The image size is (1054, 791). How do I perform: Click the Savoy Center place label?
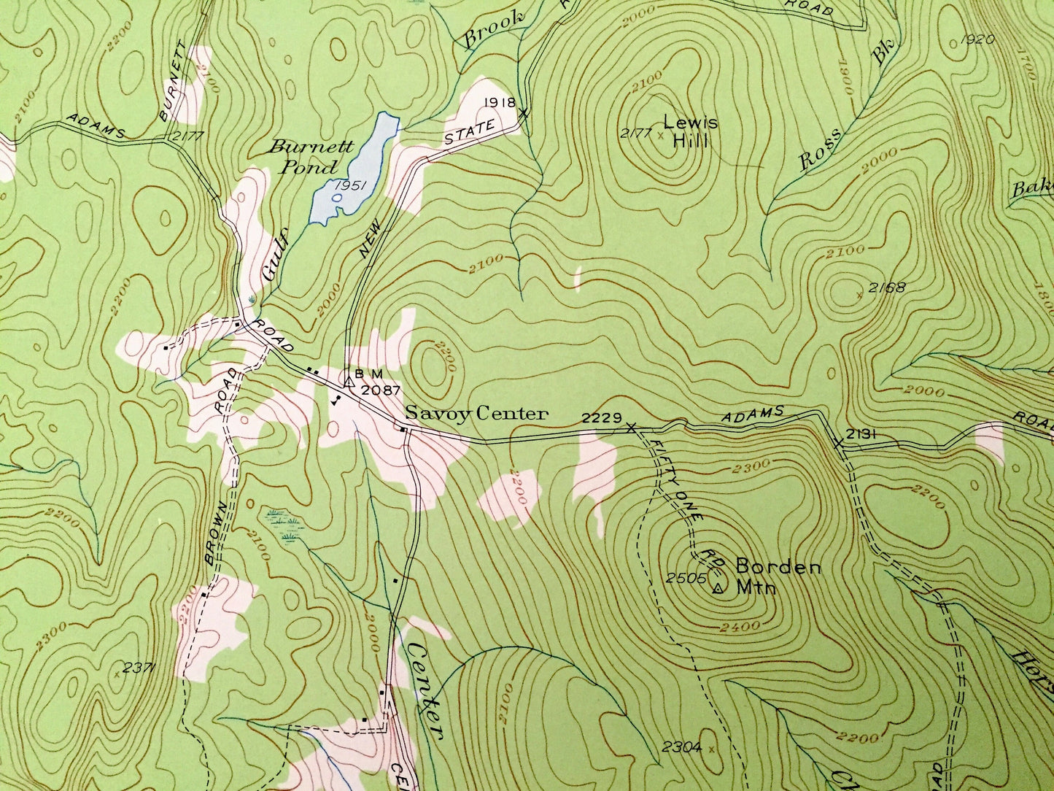click(x=476, y=414)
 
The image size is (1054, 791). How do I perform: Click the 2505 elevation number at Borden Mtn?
click(x=686, y=578)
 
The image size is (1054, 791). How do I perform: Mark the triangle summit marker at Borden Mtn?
click(x=718, y=588)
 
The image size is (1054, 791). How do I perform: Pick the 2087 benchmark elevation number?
click(x=381, y=390)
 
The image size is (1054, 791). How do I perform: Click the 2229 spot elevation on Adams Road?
click(x=602, y=418)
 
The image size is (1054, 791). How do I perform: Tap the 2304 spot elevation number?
click(x=681, y=746)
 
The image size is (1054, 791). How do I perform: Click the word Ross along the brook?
click(x=821, y=150)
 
